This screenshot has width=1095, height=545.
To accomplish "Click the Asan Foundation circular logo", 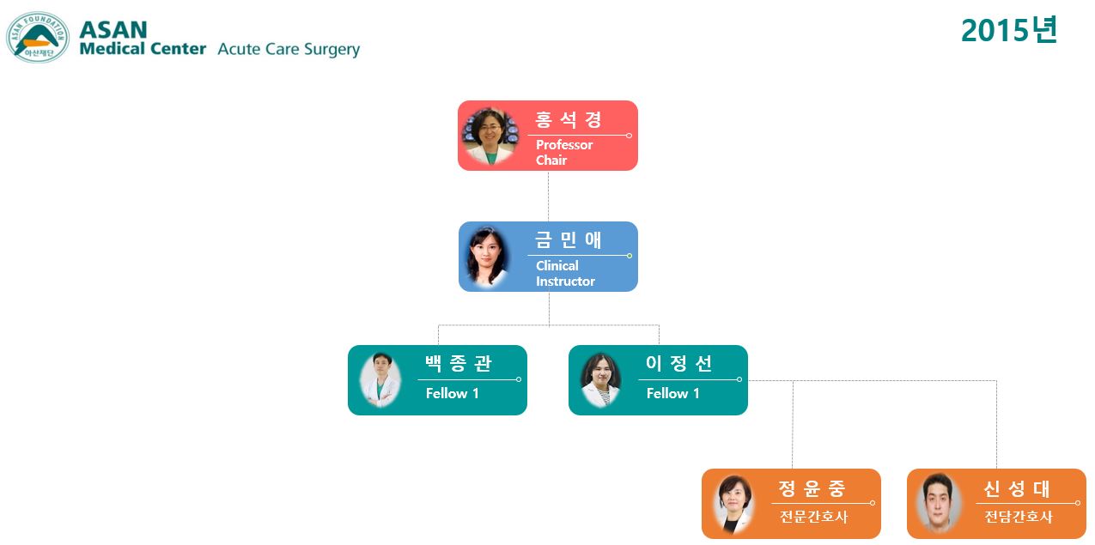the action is (38, 37).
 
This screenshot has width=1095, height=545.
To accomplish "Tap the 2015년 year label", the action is (1009, 30).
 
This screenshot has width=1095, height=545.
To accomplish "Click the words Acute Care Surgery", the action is (289, 49).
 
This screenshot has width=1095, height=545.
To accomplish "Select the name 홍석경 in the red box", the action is (568, 119).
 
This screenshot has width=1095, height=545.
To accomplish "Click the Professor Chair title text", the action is (564, 153).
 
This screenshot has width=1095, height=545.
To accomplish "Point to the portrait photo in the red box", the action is (490, 136).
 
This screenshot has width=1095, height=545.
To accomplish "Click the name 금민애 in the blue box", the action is (568, 239).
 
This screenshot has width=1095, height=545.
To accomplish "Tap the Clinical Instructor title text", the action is (565, 274).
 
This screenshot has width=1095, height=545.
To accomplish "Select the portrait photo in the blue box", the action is (487, 257).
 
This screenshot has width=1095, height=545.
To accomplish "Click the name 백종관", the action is (458, 363).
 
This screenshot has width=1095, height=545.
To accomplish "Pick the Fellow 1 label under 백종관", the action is (453, 394).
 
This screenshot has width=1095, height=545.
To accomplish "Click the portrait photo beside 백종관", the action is (380, 380).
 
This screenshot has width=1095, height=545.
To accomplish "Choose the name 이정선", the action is (679, 363).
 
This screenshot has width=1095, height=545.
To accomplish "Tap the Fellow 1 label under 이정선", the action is (673, 394).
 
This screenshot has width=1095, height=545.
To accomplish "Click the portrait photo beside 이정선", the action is (601, 380).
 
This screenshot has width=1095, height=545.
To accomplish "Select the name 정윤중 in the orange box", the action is (812, 488).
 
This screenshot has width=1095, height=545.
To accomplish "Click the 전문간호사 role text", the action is (813, 517).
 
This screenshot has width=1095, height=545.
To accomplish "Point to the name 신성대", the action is (1016, 488).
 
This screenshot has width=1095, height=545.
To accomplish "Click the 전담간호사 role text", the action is (1019, 517).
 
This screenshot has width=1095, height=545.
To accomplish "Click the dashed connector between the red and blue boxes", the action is (548, 197).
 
